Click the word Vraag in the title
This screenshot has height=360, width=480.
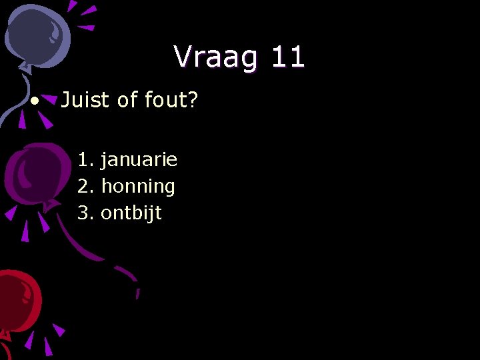(215, 58)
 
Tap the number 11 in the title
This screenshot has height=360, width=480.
(287, 57)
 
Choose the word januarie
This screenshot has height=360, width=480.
(139, 160)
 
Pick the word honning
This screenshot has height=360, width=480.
(138, 187)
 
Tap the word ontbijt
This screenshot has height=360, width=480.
(131, 213)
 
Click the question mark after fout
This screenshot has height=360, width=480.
(192, 100)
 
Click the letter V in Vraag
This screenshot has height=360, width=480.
(183, 57)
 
